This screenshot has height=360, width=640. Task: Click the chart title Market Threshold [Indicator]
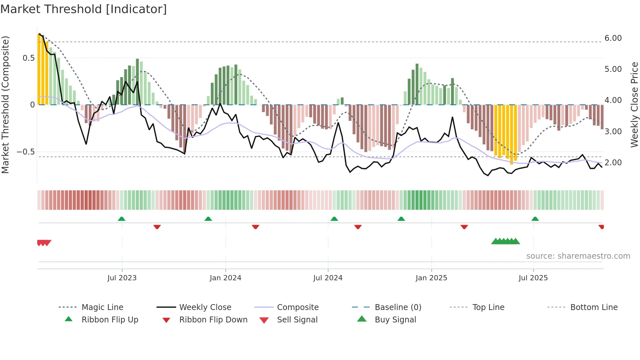click(84, 9)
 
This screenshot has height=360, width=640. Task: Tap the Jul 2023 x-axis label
click(122, 278)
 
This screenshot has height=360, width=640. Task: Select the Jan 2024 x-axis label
click(225, 278)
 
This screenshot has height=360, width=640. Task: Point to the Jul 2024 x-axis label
click(328, 278)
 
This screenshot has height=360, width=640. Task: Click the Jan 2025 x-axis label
click(431, 278)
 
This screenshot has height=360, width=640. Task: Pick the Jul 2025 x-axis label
click(533, 278)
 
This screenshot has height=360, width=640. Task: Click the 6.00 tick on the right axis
click(613, 38)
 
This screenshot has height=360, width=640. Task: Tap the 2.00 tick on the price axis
click(613, 163)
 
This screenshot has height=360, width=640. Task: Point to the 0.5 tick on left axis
click(28, 58)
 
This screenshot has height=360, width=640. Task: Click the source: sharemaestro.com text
click(578, 256)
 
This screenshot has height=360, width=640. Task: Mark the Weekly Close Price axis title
click(634, 105)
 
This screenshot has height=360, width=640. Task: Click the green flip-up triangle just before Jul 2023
click(121, 219)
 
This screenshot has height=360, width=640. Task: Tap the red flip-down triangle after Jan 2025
click(464, 227)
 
